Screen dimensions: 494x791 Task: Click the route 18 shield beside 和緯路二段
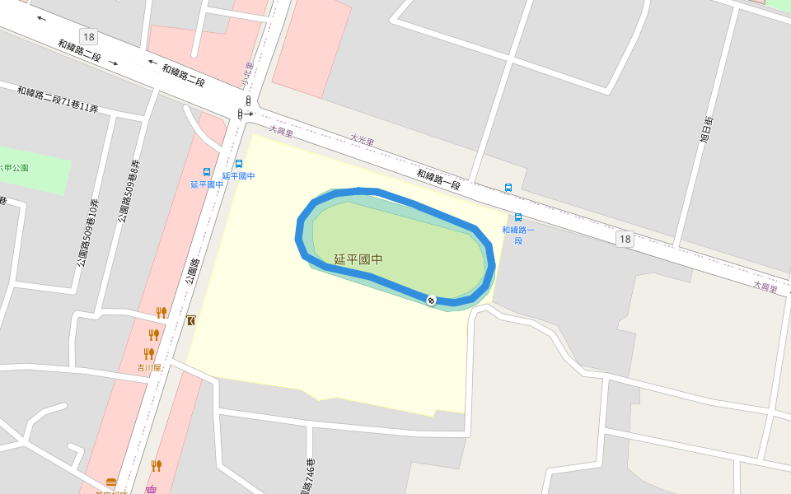tap(88, 36)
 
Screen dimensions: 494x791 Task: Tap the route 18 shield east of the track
tap(625, 239)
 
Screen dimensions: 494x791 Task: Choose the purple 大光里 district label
tap(362, 141)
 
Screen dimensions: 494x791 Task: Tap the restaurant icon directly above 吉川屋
tap(149, 354)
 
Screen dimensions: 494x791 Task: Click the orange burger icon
tap(111, 482)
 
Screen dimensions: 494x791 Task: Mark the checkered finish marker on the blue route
tap(431, 300)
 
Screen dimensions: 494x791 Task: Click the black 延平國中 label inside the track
tap(358, 259)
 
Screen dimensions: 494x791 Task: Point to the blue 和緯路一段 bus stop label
tap(518, 235)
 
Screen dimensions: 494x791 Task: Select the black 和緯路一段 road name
tap(438, 179)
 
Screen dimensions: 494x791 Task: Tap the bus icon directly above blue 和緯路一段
tap(518, 217)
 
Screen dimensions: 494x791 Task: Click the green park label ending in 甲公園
tap(15, 168)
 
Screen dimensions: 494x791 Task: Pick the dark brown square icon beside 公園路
tap(191, 320)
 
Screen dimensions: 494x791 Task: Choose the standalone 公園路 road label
tap(193, 272)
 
